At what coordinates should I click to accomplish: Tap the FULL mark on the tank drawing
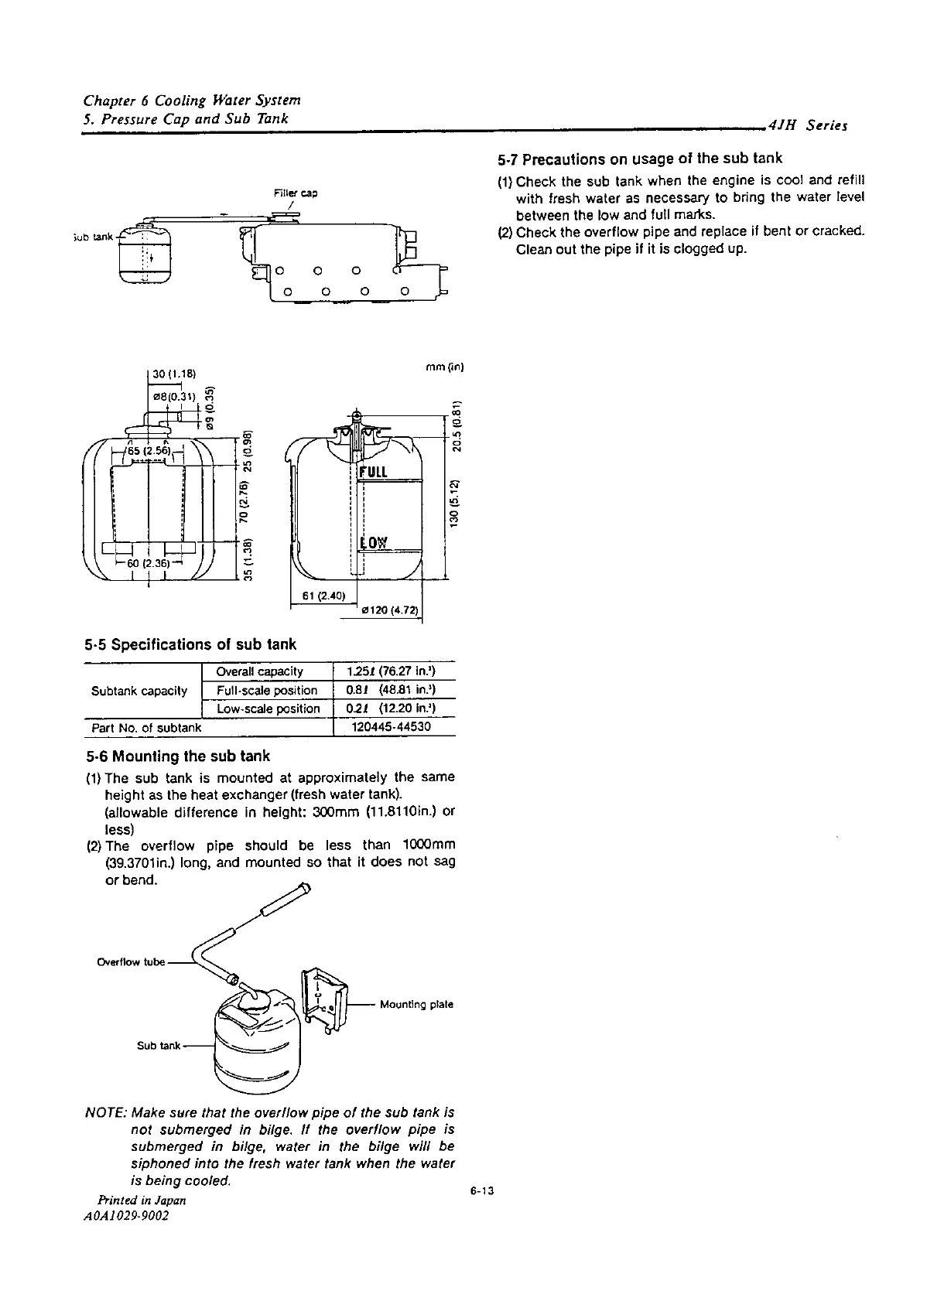(x=375, y=471)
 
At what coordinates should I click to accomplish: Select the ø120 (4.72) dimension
(x=390, y=611)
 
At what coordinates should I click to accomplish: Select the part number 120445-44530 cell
(x=392, y=727)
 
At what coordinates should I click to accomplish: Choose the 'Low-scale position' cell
(x=268, y=709)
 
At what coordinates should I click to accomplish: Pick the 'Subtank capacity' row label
(x=139, y=690)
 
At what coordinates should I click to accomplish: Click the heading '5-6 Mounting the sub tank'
(x=177, y=756)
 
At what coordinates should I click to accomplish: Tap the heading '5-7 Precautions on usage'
(x=639, y=159)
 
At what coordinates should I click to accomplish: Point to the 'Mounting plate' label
(x=416, y=1004)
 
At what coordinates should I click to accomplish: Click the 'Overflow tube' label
(x=131, y=962)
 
